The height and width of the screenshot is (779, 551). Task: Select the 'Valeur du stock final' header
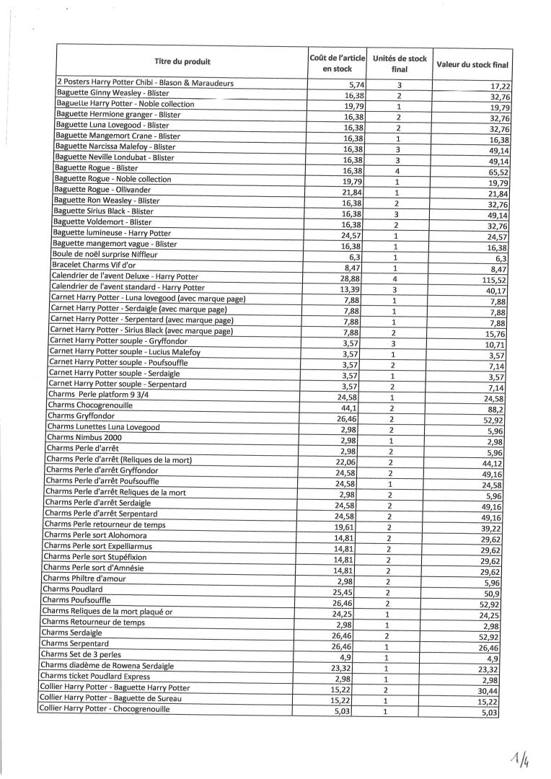[472, 65]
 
